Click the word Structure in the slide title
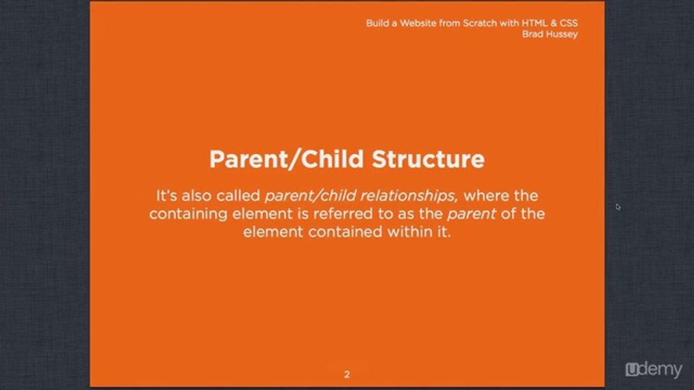click(x=428, y=159)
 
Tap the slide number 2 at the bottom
click(x=347, y=374)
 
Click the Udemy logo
click(x=654, y=369)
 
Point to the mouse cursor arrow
click(x=618, y=207)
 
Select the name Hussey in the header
click(x=561, y=34)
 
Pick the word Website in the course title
click(x=418, y=23)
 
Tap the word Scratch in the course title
click(x=480, y=23)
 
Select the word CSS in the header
click(x=569, y=23)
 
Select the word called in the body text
click(x=238, y=196)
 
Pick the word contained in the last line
click(x=345, y=232)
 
